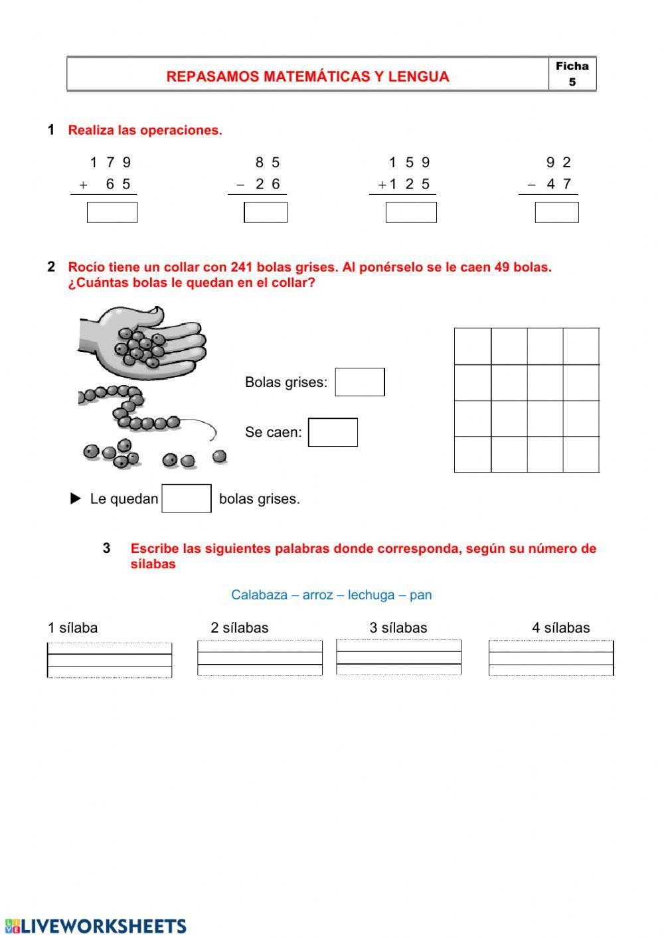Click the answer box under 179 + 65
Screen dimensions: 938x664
(112, 212)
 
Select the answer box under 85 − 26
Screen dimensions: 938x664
(266, 212)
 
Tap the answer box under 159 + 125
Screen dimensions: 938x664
(411, 212)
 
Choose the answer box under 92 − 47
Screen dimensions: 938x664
(556, 212)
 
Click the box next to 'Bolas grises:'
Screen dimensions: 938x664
(359, 382)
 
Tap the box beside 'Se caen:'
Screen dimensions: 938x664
(333, 432)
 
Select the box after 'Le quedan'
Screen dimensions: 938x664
(187, 499)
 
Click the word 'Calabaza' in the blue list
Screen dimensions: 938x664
(258, 595)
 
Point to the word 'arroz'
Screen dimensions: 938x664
(317, 595)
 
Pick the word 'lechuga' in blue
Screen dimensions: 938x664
(371, 595)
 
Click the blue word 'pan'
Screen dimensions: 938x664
(421, 595)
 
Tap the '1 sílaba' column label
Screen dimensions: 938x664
(72, 628)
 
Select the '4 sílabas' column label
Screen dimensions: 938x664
(560, 628)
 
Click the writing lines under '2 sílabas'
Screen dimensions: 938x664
(260, 658)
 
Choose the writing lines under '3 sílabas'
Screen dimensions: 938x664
(398, 657)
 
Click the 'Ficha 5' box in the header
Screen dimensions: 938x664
(572, 74)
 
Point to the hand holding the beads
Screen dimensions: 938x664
(146, 339)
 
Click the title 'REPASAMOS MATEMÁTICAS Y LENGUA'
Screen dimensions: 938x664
(307, 76)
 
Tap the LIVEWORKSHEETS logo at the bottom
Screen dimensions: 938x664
(96, 926)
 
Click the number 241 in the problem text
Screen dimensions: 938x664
(242, 268)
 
